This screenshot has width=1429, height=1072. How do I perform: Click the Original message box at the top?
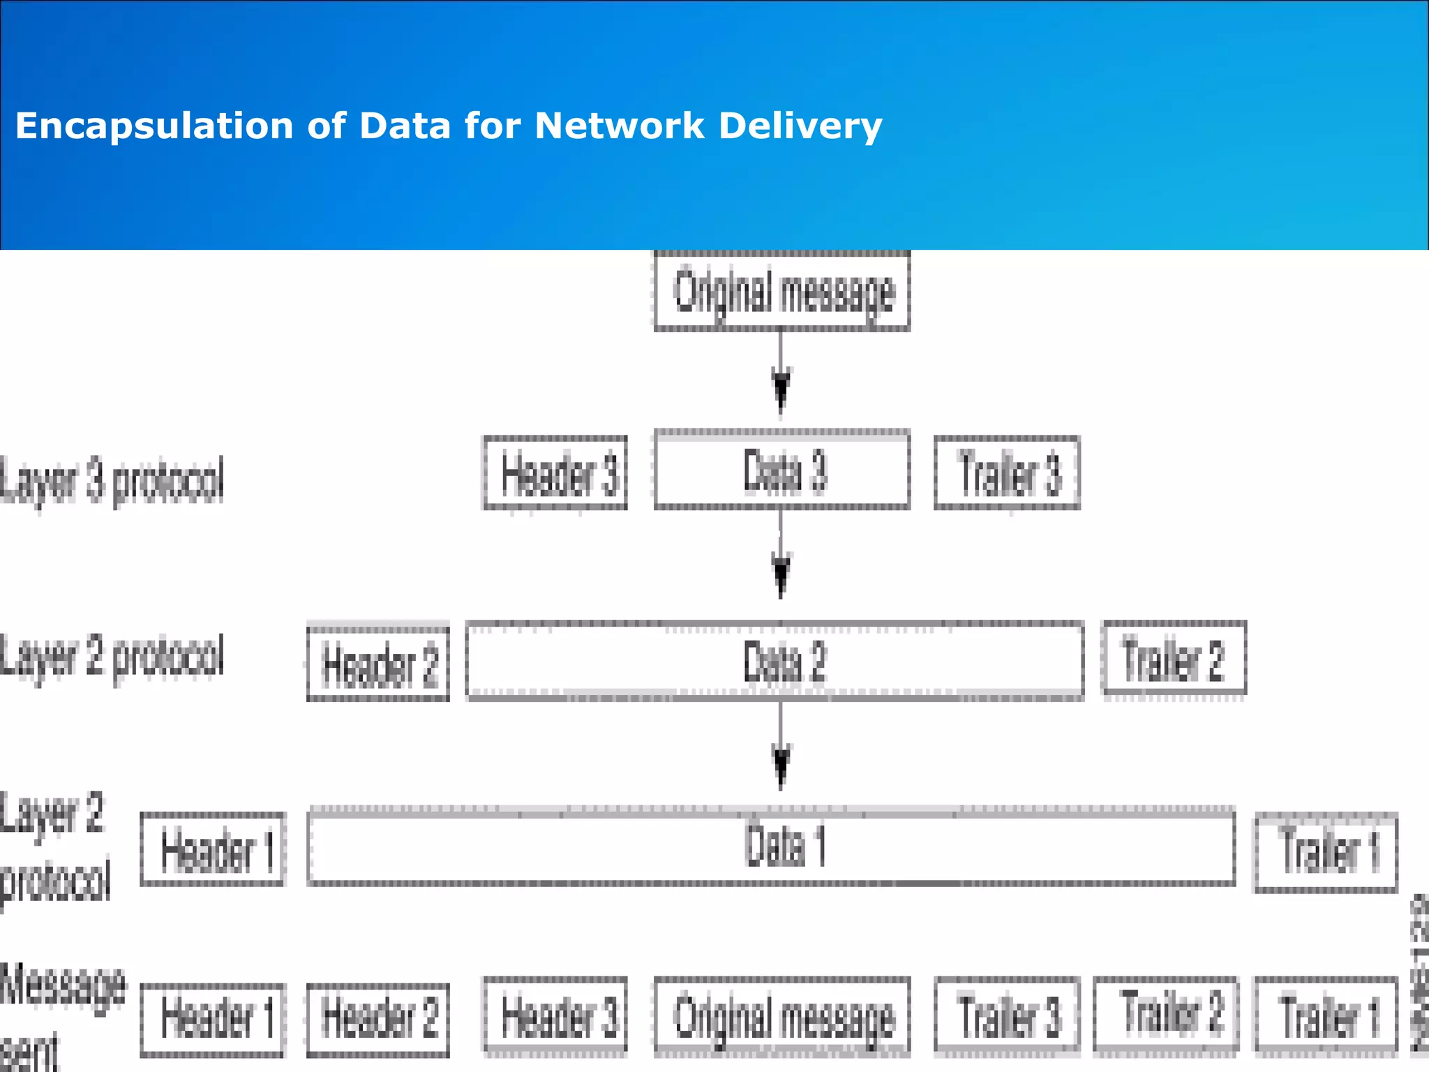point(782,291)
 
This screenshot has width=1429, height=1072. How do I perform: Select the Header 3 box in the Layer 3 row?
point(555,473)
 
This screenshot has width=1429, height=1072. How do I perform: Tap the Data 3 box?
point(782,470)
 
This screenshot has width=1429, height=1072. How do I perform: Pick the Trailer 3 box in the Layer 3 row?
point(1007,473)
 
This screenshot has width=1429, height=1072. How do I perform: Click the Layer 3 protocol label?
point(112,480)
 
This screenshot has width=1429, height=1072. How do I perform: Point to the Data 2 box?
point(775,660)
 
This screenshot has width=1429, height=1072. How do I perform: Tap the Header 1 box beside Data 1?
point(214,849)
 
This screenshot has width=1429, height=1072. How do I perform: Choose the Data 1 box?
point(772,846)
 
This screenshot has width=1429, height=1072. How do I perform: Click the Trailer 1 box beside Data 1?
point(1326,851)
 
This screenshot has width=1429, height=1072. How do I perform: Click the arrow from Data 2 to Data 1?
point(781,747)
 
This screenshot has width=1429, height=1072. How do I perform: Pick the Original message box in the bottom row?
point(782,1016)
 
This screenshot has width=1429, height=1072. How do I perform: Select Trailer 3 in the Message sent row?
point(1007,1015)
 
